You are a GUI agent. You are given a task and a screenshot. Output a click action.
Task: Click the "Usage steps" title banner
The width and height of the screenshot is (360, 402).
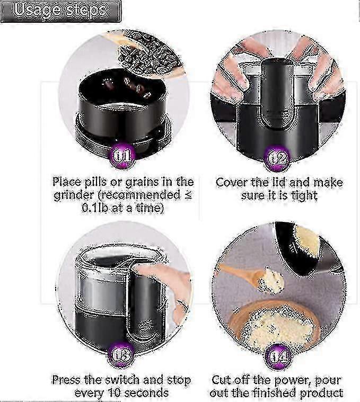[x=61, y=11]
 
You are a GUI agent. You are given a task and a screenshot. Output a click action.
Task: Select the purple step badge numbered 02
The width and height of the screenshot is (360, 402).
[x=277, y=158]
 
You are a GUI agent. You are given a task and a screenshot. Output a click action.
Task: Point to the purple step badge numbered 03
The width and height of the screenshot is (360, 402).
[x=120, y=355]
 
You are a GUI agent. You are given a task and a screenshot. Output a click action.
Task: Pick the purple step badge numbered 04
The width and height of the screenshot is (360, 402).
[x=278, y=356]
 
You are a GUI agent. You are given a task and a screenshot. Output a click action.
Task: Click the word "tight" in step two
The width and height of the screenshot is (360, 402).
[x=304, y=196]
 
